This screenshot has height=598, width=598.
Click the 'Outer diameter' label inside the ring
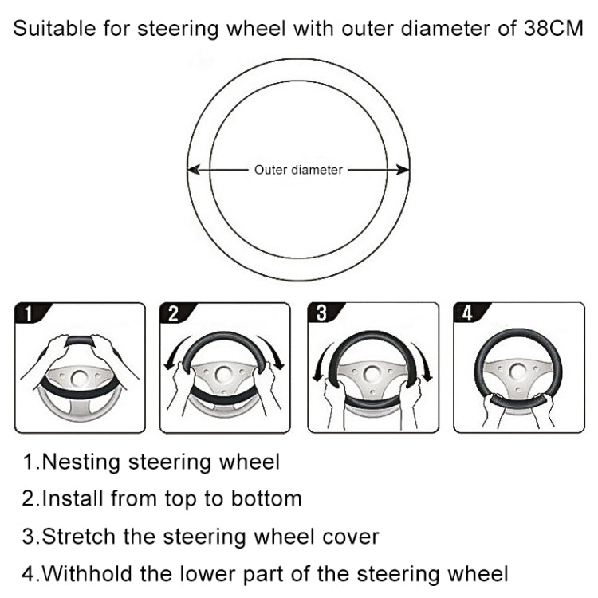[298, 170]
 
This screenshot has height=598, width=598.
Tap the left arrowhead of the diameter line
[193, 170]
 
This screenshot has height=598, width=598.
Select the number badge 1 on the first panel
[29, 313]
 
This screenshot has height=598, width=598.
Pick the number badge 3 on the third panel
[321, 313]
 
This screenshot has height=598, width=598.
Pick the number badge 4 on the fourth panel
[467, 313]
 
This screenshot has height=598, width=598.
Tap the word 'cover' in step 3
[346, 536]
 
